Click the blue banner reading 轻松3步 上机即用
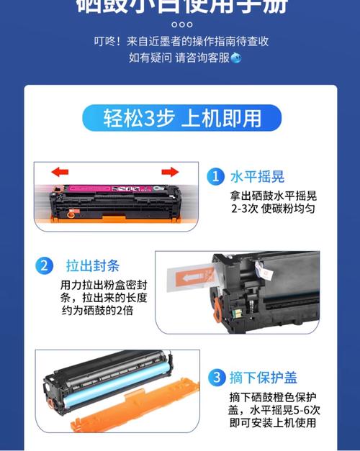click(180, 118)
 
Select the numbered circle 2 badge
click(45, 266)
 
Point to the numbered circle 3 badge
click(215, 378)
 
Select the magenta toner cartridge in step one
click(115, 193)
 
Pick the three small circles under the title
click(181, 23)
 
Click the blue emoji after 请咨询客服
click(235, 58)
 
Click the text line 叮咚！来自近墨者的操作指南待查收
click(181, 41)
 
